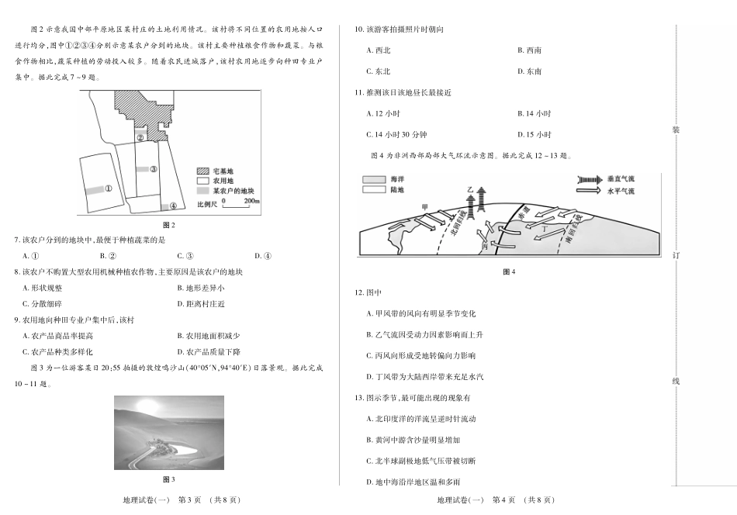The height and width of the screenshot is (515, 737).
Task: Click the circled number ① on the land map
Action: (x=109, y=187)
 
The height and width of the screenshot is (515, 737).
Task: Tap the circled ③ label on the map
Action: (x=154, y=169)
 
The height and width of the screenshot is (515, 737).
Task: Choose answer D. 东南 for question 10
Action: (x=530, y=71)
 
